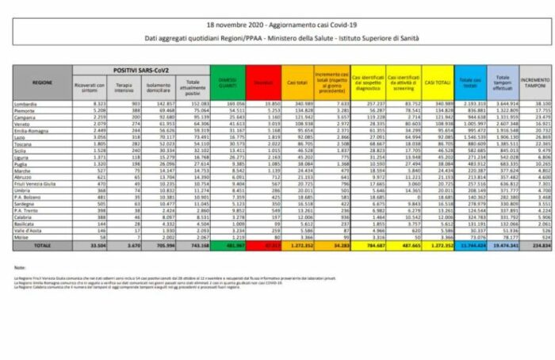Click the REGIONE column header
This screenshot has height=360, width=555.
[x=42, y=81]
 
